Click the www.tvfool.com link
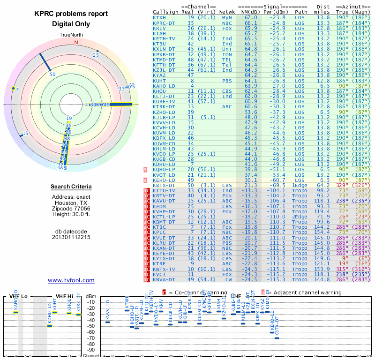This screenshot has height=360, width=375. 71,280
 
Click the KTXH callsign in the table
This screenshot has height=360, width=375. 159,17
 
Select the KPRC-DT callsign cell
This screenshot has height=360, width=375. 163,22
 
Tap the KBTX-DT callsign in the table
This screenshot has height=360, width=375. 163,185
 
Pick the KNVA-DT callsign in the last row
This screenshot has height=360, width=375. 163,279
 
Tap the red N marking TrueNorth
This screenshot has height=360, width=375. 76,42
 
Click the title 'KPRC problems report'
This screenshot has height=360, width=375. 71,14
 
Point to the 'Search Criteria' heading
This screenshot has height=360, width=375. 71,187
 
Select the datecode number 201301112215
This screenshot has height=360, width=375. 71,237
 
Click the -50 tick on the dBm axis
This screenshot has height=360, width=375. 91,326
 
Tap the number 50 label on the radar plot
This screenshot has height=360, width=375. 52,74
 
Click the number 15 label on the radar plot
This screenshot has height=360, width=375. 25,134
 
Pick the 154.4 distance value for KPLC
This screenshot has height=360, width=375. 323,232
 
